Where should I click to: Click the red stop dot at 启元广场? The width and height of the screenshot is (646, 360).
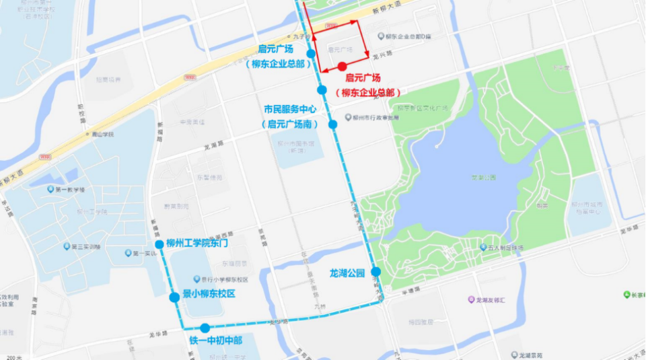(x=342, y=66)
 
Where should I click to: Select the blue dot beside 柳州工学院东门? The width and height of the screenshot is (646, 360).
(x=159, y=244)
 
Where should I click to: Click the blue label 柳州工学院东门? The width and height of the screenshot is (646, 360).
(x=198, y=244)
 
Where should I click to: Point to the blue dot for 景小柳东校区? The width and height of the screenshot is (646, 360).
(x=174, y=296)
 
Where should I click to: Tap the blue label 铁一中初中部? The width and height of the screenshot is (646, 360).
(x=215, y=340)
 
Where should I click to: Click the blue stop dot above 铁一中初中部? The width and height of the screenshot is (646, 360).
(x=205, y=328)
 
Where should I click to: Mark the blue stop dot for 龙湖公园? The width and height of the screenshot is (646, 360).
(x=375, y=272)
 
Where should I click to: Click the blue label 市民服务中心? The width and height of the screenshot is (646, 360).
(x=291, y=109)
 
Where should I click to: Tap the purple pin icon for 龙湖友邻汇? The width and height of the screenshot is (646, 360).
(x=470, y=299)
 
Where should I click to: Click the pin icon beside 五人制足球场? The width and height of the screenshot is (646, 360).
(x=474, y=248)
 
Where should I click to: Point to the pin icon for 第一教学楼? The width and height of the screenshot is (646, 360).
(x=50, y=189)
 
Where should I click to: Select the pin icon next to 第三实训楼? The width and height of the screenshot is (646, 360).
(x=65, y=246)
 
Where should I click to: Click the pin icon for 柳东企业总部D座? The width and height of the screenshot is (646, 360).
(x=381, y=36)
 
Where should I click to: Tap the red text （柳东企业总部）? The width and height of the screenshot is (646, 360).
(x=367, y=92)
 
